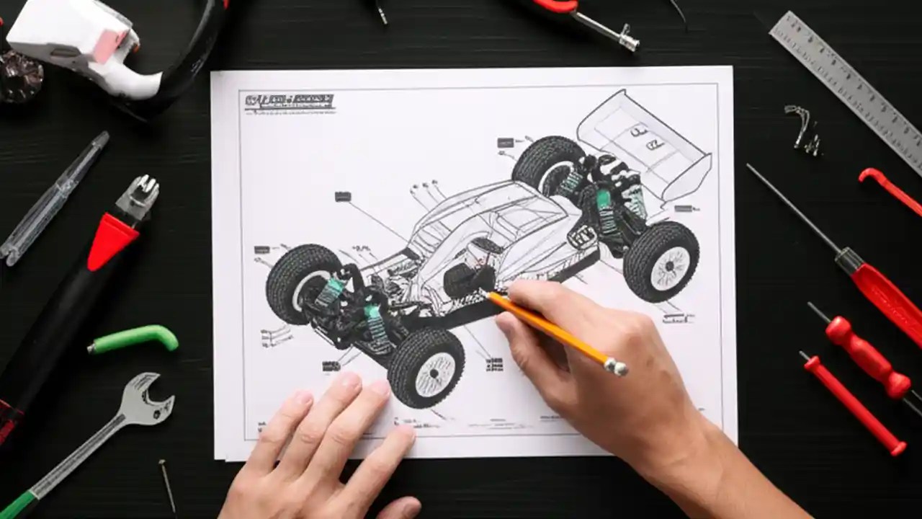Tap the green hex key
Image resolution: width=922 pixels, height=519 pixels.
[x=137, y=339]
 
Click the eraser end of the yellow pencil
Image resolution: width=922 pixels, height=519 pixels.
[x=617, y=367]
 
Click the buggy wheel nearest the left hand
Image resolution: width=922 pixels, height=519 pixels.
[x=425, y=368]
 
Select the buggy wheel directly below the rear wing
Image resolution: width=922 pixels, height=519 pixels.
[x=661, y=261]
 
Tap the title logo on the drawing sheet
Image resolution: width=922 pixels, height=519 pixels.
[x=288, y=102]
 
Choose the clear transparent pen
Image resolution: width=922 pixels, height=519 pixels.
[x=54, y=198]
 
